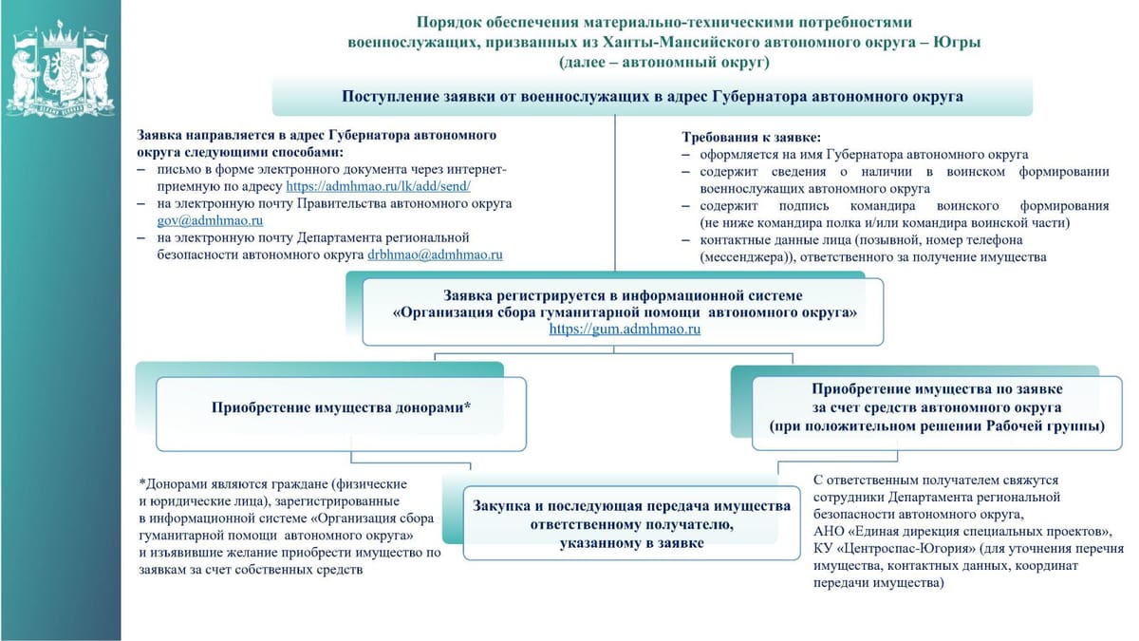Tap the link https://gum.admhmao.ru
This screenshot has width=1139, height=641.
(625, 329)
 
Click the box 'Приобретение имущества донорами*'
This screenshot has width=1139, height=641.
(341, 407)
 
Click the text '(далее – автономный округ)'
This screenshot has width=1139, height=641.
(664, 63)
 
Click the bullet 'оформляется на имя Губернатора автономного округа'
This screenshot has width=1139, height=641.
(864, 154)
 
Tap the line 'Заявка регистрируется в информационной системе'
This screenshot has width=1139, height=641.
(623, 296)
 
